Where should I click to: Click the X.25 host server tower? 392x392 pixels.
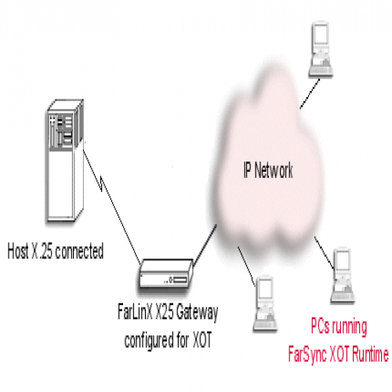tap(65, 161)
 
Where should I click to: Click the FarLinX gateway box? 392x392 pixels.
tap(165, 274)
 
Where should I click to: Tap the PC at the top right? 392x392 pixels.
tap(321, 49)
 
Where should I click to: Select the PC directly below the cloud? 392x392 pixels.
tap(265, 304)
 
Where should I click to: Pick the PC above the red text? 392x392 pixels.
tap(343, 276)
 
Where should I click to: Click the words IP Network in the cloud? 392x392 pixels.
tap(268, 170)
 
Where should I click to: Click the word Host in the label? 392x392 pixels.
tap(18, 251)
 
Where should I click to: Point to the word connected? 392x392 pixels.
tap(79, 251)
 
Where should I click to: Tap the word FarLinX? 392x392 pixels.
tap(135, 312)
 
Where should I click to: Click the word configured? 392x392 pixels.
tap(149, 340)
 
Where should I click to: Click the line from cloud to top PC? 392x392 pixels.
tap(310, 93)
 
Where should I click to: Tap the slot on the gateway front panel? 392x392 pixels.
tap(180, 280)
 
